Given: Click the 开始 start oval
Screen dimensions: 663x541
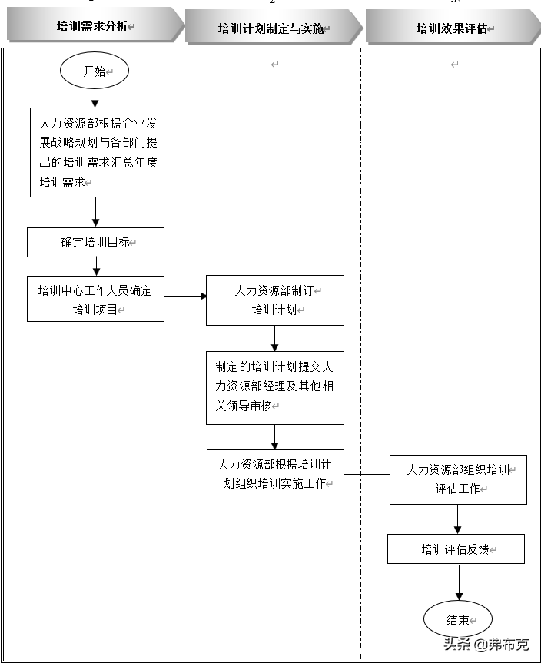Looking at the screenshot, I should pyautogui.click(x=94, y=71).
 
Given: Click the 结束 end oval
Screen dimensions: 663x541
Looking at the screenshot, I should pyautogui.click(x=457, y=620).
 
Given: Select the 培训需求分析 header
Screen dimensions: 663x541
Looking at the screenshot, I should pyautogui.click(x=92, y=27).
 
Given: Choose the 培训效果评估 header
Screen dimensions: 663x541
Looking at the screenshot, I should pyautogui.click(x=452, y=28).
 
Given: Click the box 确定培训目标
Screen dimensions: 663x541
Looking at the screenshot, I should pyautogui.click(x=95, y=242).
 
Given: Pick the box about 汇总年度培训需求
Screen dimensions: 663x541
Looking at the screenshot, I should pyautogui.click(x=98, y=152).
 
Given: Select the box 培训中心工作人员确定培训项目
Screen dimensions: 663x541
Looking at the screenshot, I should pyautogui.click(x=95, y=299).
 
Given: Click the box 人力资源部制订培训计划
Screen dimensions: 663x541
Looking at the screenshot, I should pyautogui.click(x=274, y=300).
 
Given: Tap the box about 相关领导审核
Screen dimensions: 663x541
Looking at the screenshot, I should pyautogui.click(x=274, y=387).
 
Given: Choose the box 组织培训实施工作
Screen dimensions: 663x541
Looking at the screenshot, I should pyautogui.click(x=274, y=474).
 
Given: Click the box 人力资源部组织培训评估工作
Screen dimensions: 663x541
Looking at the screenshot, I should pyautogui.click(x=458, y=479).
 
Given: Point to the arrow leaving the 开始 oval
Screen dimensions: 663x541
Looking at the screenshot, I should pyautogui.click(x=95, y=98).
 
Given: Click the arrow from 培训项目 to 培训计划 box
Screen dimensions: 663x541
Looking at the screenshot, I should pyautogui.click(x=185, y=296).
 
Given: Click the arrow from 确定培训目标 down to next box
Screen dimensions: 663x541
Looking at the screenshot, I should pyautogui.click(x=96, y=266).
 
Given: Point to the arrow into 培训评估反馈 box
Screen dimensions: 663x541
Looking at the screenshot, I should pyautogui.click(x=458, y=519).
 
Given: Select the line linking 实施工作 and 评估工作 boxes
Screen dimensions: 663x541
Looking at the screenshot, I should pyautogui.click(x=367, y=474).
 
